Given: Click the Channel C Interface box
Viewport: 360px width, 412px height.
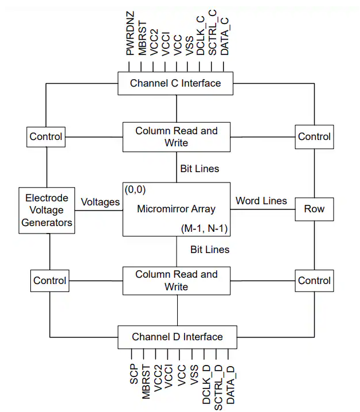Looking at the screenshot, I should pyautogui.click(x=175, y=83).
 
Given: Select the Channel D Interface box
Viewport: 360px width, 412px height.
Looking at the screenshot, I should pyautogui.click(x=177, y=336).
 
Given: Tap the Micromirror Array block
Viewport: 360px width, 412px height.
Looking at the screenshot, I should pyautogui.click(x=176, y=209).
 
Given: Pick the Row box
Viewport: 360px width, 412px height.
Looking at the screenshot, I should pyautogui.click(x=314, y=209).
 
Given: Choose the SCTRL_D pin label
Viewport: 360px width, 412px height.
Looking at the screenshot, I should pyautogui.click(x=218, y=383).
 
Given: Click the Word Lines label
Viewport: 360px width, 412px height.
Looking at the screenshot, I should pyautogui.click(x=261, y=201).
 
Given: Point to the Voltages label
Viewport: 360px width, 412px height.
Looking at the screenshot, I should pyautogui.click(x=100, y=202).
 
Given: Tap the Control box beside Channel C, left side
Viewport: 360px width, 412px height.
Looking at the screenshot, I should pyautogui.click(x=46, y=137).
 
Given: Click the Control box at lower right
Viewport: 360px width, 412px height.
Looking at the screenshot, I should pyautogui.click(x=314, y=281).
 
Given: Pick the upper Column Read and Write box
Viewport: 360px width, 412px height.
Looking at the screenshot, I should pyautogui.click(x=177, y=137).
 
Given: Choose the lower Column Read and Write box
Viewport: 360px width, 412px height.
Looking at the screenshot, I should pyautogui.click(x=177, y=280).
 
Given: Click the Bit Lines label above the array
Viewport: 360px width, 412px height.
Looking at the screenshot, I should pyautogui.click(x=199, y=169).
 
